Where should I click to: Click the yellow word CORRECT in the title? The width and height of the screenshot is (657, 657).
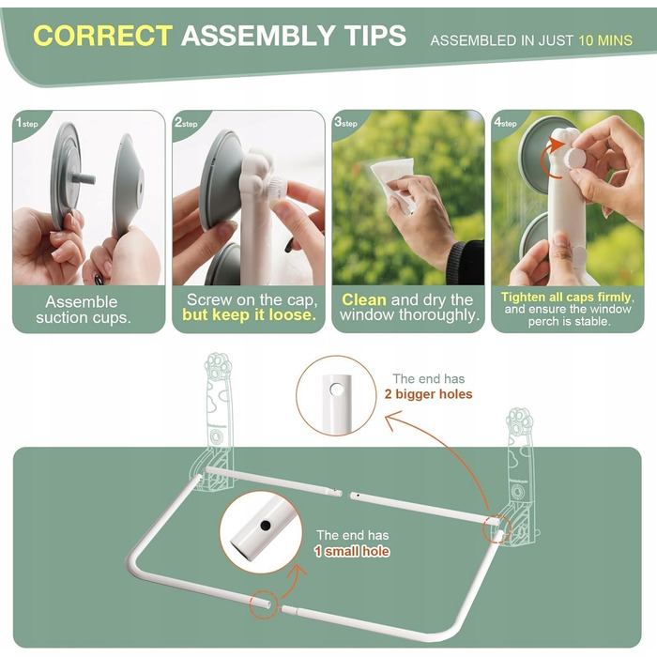point(102,36)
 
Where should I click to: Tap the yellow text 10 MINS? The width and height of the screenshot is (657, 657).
point(605,40)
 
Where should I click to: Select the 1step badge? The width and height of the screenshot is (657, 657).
point(26,122)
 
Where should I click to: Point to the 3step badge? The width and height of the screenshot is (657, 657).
point(345,122)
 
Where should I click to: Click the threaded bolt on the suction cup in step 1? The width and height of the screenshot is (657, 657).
point(83,178)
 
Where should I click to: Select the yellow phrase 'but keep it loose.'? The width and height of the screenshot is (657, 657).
point(250,314)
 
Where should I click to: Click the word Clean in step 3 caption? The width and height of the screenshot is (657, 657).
point(364,299)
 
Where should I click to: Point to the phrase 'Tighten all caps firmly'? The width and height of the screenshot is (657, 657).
point(566,298)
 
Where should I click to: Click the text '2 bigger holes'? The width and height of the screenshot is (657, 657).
point(428,394)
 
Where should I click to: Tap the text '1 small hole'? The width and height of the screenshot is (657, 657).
point(352,551)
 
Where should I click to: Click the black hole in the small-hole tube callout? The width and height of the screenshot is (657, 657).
point(265,525)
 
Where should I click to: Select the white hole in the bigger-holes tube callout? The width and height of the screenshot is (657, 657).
point(336,390)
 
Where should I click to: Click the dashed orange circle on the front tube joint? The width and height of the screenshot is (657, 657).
point(264,604)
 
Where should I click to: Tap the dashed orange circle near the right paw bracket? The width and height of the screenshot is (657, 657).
point(497,528)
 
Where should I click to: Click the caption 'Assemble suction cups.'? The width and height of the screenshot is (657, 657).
point(83,310)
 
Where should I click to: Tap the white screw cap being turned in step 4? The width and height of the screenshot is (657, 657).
point(573,158)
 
